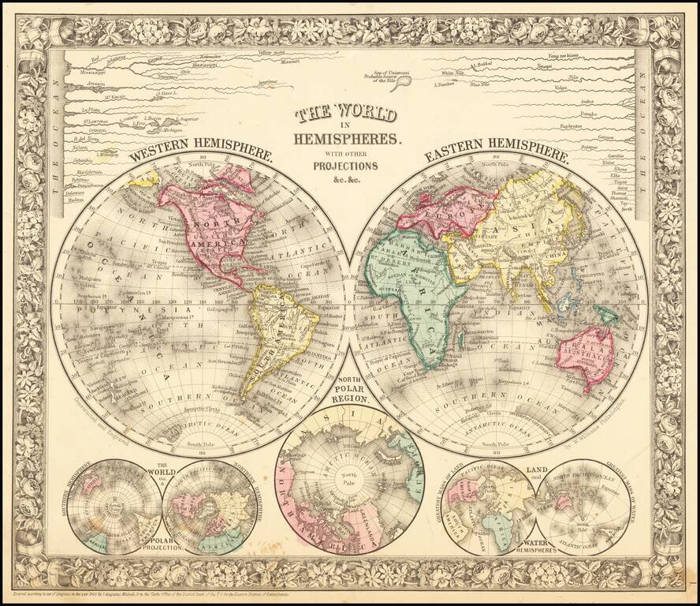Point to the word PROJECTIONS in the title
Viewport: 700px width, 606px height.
point(346,166)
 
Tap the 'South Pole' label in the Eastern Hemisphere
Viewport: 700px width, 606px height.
point(500,445)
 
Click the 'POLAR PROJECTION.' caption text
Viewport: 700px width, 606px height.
point(162,545)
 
